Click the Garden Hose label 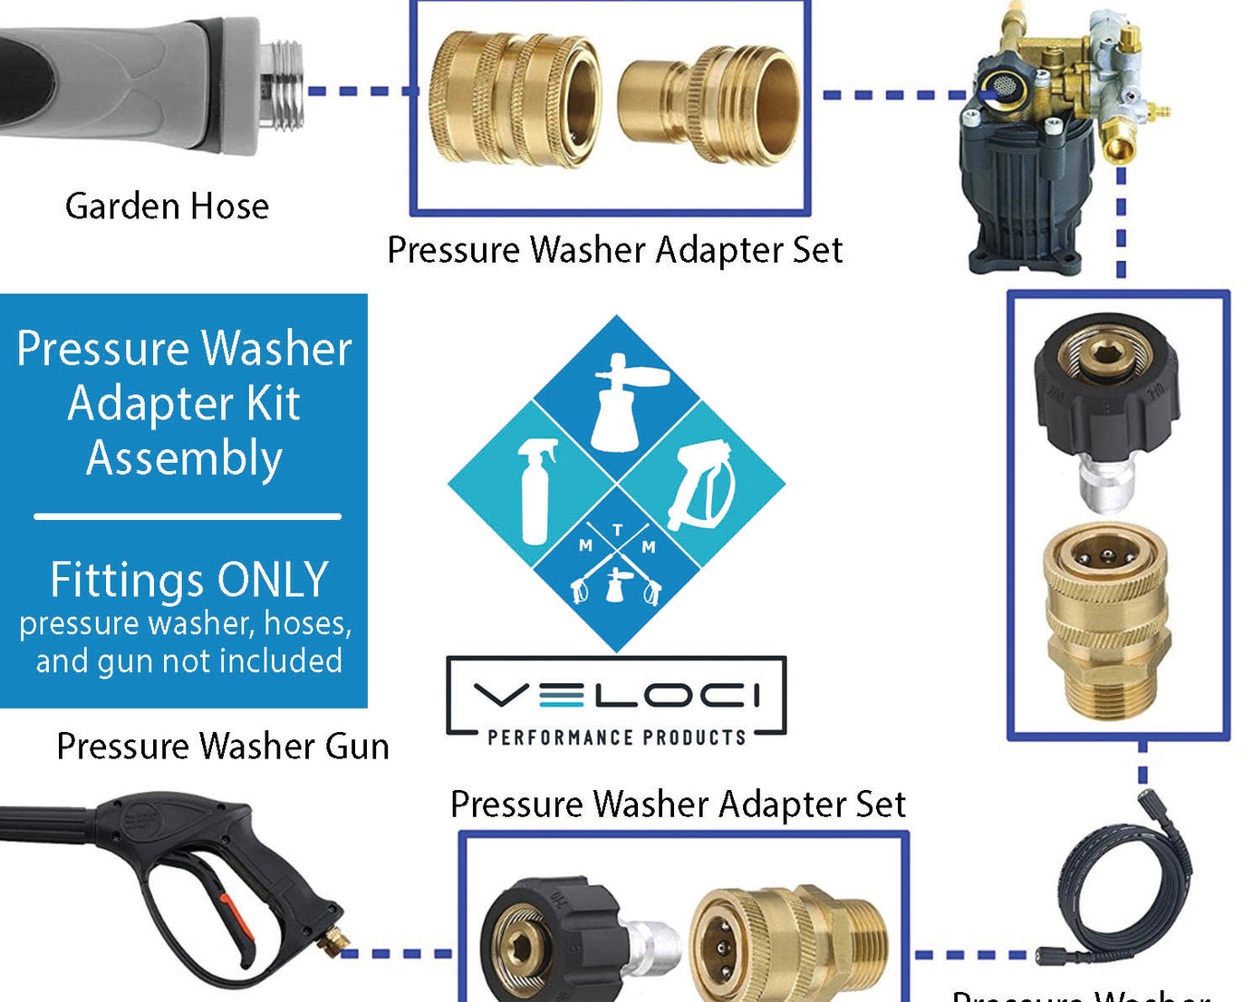point(167,207)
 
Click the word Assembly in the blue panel point(184,458)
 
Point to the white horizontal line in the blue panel point(188,516)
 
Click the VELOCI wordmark point(616,696)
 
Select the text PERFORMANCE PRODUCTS point(616,737)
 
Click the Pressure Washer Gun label point(223,747)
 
